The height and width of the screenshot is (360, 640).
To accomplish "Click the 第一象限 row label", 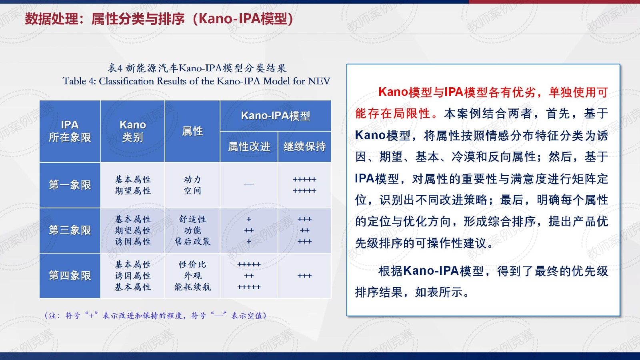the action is click(70, 185).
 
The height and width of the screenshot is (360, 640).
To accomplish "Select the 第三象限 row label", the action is click(70, 230).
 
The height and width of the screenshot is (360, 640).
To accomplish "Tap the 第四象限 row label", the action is click(70, 276).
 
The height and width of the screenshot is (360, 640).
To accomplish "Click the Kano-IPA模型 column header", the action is click(276, 116).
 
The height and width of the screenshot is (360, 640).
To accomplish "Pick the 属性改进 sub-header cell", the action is click(249, 146).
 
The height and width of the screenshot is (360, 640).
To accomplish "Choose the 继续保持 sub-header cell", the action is click(304, 146).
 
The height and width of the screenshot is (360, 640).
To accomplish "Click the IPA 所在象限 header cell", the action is click(70, 131).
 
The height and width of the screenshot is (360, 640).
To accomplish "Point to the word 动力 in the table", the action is click(192, 180).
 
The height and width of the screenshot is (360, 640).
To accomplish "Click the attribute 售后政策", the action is click(192, 242).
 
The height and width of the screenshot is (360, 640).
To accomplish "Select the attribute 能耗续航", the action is click(192, 287).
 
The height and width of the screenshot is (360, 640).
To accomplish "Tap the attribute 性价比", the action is click(192, 264).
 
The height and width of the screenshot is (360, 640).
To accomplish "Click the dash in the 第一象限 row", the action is click(249, 185).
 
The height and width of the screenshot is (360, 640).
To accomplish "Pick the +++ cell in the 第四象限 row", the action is click(304, 276).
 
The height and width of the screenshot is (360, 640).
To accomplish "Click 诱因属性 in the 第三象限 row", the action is click(132, 242).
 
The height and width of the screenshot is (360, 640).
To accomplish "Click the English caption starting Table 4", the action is click(196, 81).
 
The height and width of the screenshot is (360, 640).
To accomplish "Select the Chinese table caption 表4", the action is click(197, 68).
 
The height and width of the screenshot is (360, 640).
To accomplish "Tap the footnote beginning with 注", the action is click(156, 316).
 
